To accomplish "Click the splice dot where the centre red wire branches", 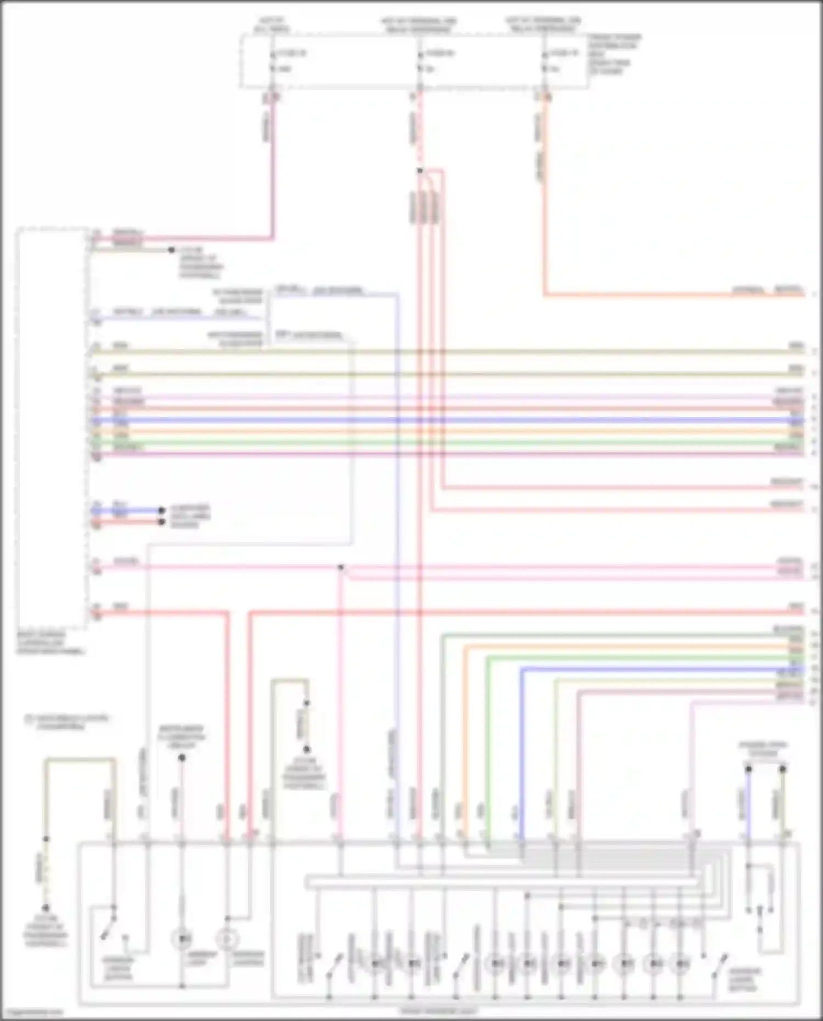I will [420, 171].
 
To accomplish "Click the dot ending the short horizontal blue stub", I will [161, 510].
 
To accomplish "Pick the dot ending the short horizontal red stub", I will [161, 521].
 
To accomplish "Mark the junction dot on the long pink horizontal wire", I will [341, 567].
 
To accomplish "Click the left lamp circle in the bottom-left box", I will [182, 939].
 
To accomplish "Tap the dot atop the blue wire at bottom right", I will [748, 769].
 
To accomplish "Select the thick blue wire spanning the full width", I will [439, 420].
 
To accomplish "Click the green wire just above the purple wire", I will [439, 442].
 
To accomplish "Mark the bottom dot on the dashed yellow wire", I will [46, 908].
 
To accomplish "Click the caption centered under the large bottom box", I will [438, 1011].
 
